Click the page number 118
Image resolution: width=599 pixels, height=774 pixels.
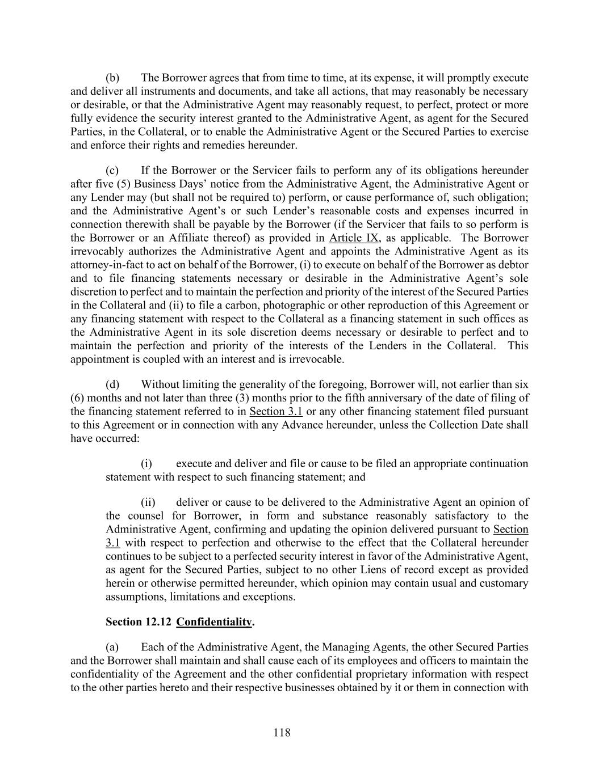[x=282, y=733]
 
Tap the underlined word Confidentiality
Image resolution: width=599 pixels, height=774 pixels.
[x=213, y=622]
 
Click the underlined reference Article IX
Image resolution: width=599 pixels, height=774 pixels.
[x=354, y=238]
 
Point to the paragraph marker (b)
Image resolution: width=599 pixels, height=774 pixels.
[x=112, y=78]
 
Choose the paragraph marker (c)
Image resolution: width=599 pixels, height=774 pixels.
[x=112, y=171]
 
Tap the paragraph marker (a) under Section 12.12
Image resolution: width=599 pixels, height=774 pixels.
[x=112, y=647]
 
